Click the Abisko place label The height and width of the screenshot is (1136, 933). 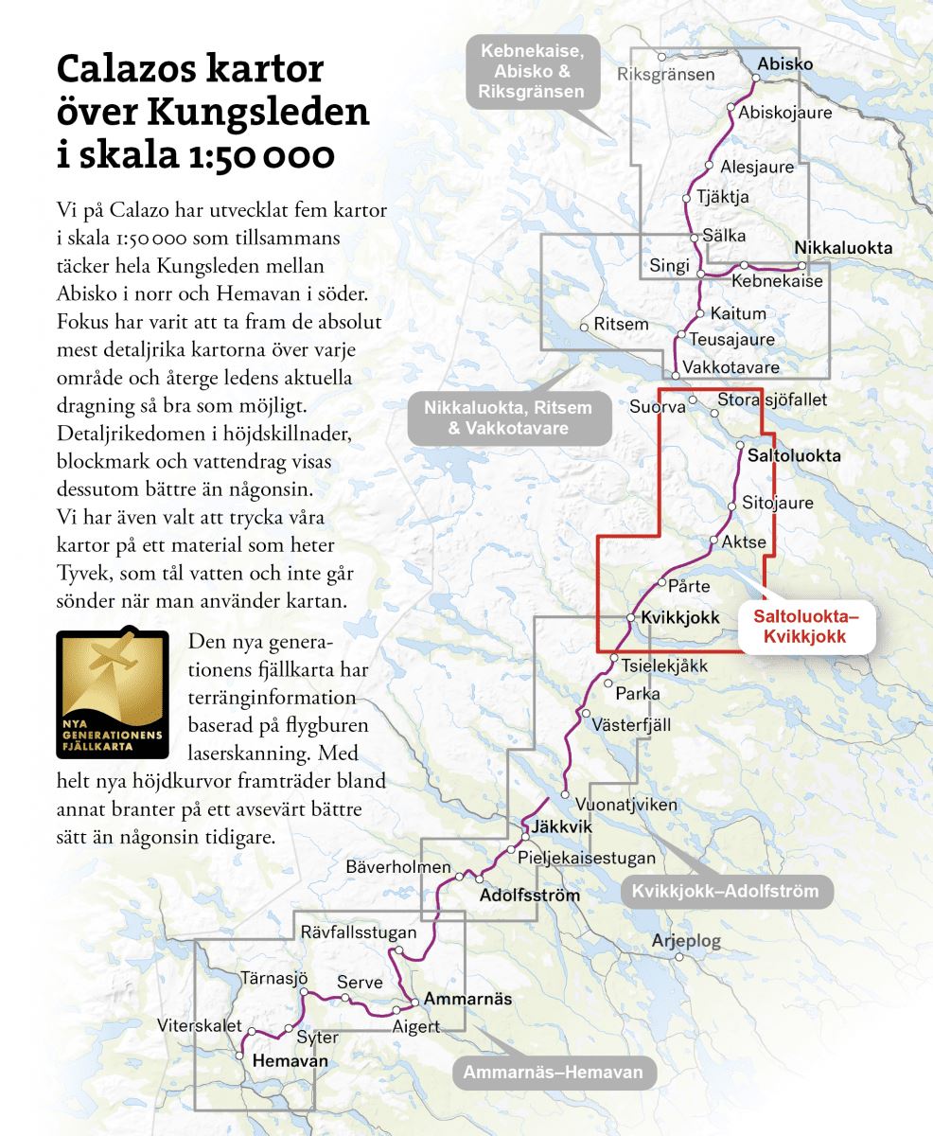click(784, 64)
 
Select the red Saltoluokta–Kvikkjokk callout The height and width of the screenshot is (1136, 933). click(806, 627)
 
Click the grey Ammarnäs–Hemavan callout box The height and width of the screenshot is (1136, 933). click(553, 1073)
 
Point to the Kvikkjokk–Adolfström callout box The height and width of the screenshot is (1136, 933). click(726, 891)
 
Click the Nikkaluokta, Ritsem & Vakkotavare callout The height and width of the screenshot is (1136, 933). click(508, 417)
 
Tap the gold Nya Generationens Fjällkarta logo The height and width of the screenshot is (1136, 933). click(113, 695)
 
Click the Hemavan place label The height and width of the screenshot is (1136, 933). click(290, 1061)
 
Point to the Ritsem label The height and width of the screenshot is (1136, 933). click(621, 325)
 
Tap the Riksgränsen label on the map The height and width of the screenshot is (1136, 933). click(665, 74)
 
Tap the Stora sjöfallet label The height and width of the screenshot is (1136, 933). click(772, 399)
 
